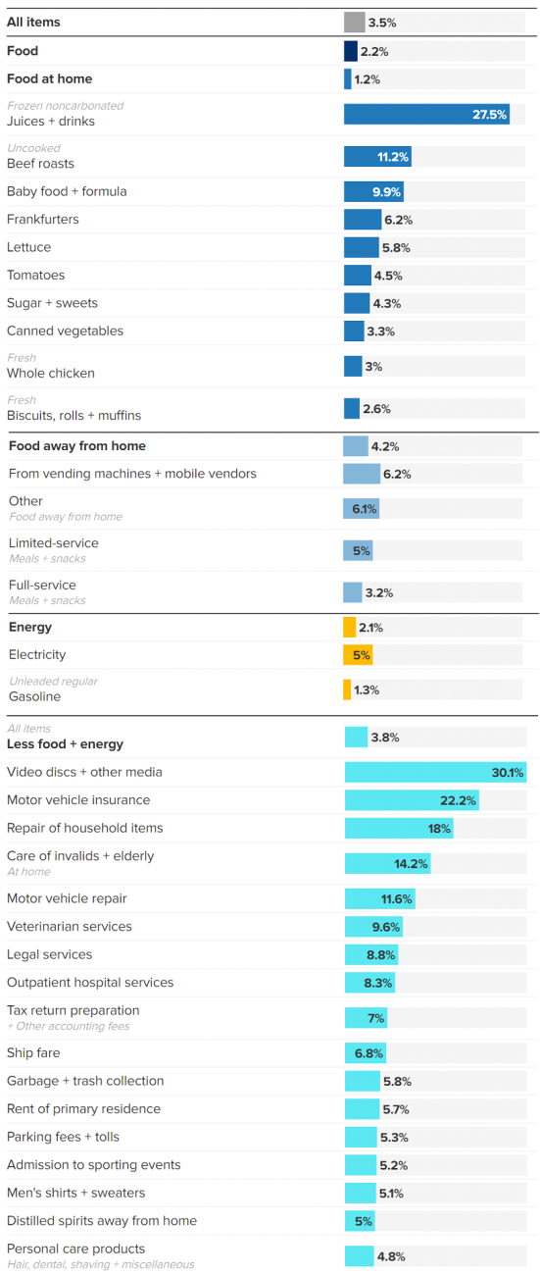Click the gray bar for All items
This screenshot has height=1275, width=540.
coord(354,23)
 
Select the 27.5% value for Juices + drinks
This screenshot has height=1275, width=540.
coord(489,115)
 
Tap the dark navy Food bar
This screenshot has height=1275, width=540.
coord(350,51)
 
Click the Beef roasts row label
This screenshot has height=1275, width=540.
coord(40,164)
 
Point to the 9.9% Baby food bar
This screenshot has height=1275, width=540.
coord(373,191)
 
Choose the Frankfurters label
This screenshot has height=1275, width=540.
coord(43,220)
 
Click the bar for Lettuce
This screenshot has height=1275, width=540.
coord(361,247)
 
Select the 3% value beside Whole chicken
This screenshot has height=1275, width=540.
coord(372,367)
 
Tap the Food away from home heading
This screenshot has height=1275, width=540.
coord(77,446)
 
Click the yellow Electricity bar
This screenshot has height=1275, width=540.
coord(358,655)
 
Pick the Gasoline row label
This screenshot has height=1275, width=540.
coord(33,697)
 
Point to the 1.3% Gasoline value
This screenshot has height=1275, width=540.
coord(367,690)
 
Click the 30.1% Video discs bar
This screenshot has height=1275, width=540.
coord(435,773)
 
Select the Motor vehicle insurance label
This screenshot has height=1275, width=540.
coord(78,800)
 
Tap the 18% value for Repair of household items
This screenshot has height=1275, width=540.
coord(439,829)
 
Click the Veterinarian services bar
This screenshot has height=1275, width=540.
coord(373,927)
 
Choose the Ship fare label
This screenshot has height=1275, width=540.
coord(33,1053)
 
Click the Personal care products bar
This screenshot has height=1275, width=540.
coord(359,1256)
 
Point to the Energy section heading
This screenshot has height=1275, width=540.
coord(30,628)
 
